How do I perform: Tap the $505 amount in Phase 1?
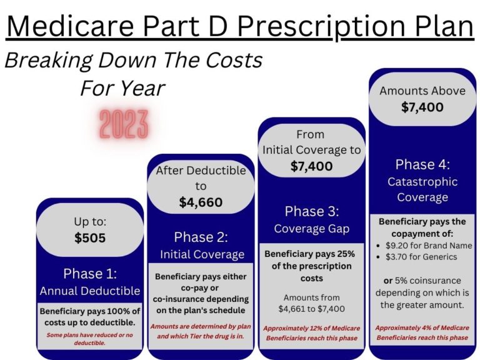coord(90,237)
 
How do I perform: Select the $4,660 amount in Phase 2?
coord(201,202)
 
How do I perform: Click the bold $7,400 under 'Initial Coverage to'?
coord(311,166)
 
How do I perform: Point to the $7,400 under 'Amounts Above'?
coord(422,107)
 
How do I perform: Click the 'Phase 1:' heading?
coord(90,273)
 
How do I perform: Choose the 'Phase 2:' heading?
coord(201,237)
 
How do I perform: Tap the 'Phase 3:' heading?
coord(311,211)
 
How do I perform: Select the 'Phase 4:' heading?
coord(422,164)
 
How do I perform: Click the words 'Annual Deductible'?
coord(90,291)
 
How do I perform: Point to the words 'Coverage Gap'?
coord(311,229)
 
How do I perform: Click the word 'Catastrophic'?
coord(422,182)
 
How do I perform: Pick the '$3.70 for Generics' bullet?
coord(420,256)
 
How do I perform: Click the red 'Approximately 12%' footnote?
coord(311,332)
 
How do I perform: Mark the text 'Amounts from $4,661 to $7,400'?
coord(311,303)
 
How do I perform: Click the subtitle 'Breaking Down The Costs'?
coord(134,61)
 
